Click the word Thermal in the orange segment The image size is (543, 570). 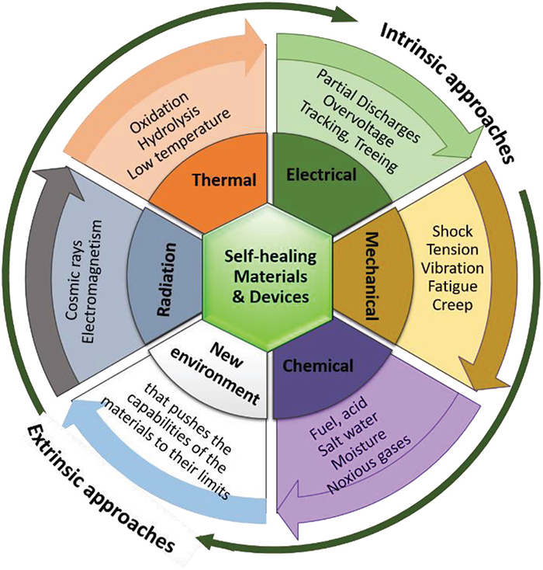pos(225,180)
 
